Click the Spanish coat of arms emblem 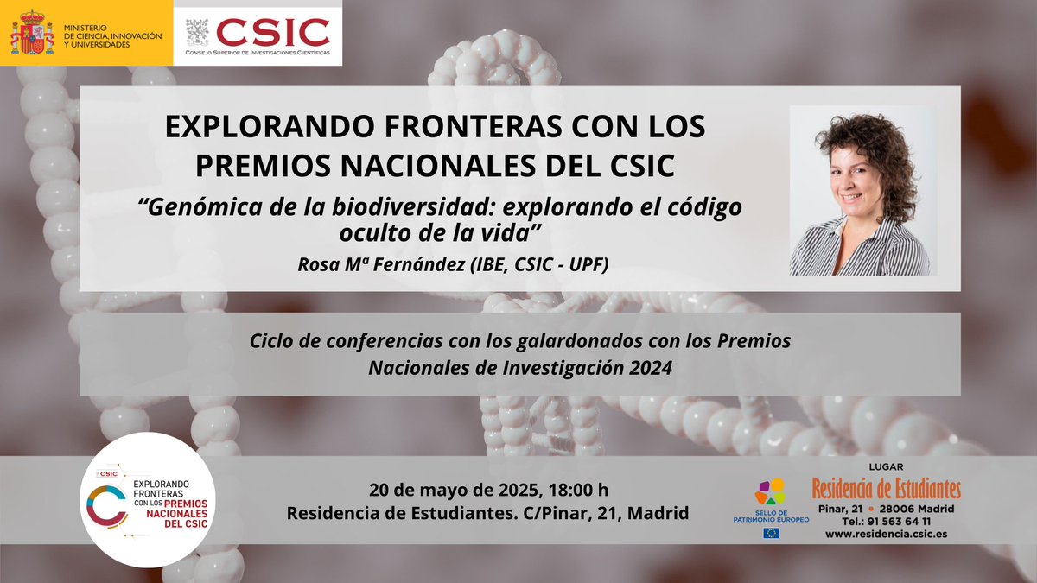pyautogui.click(x=32, y=32)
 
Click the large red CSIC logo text pyautogui.click(x=272, y=32)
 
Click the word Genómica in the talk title pyautogui.click(x=194, y=208)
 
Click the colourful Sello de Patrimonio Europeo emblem pyautogui.click(x=770, y=491)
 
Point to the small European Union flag pyautogui.click(x=771, y=533)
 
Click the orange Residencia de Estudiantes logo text pyautogui.click(x=886, y=489)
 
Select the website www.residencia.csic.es pyautogui.click(x=886, y=535)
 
